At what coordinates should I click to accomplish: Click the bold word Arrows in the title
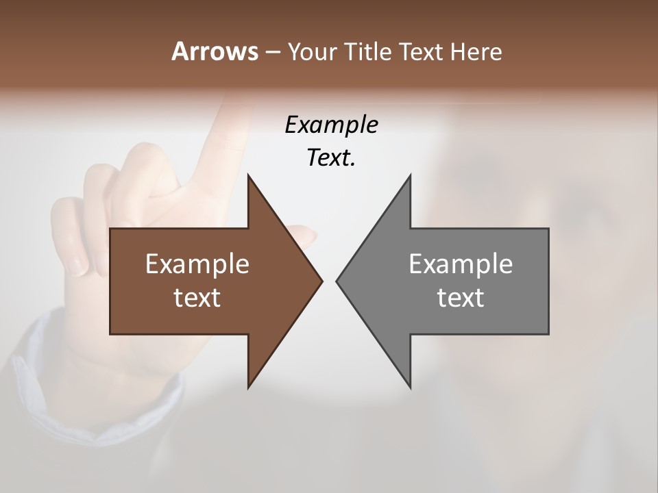214,51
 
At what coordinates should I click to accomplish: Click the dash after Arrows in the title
272,52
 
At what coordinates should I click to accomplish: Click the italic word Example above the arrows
331,125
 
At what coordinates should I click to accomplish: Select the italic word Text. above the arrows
331,157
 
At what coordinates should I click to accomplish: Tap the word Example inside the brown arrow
197,264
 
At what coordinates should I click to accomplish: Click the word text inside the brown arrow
197,297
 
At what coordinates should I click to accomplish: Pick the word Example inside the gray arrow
461,264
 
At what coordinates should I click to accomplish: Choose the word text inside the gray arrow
461,297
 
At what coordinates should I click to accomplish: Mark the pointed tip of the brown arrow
322,281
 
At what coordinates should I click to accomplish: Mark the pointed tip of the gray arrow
337,281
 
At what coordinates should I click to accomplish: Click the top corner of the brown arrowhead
248,175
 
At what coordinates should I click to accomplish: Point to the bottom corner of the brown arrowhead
248,388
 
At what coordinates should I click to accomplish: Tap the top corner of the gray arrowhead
411,175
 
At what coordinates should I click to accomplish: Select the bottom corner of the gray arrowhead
411,388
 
